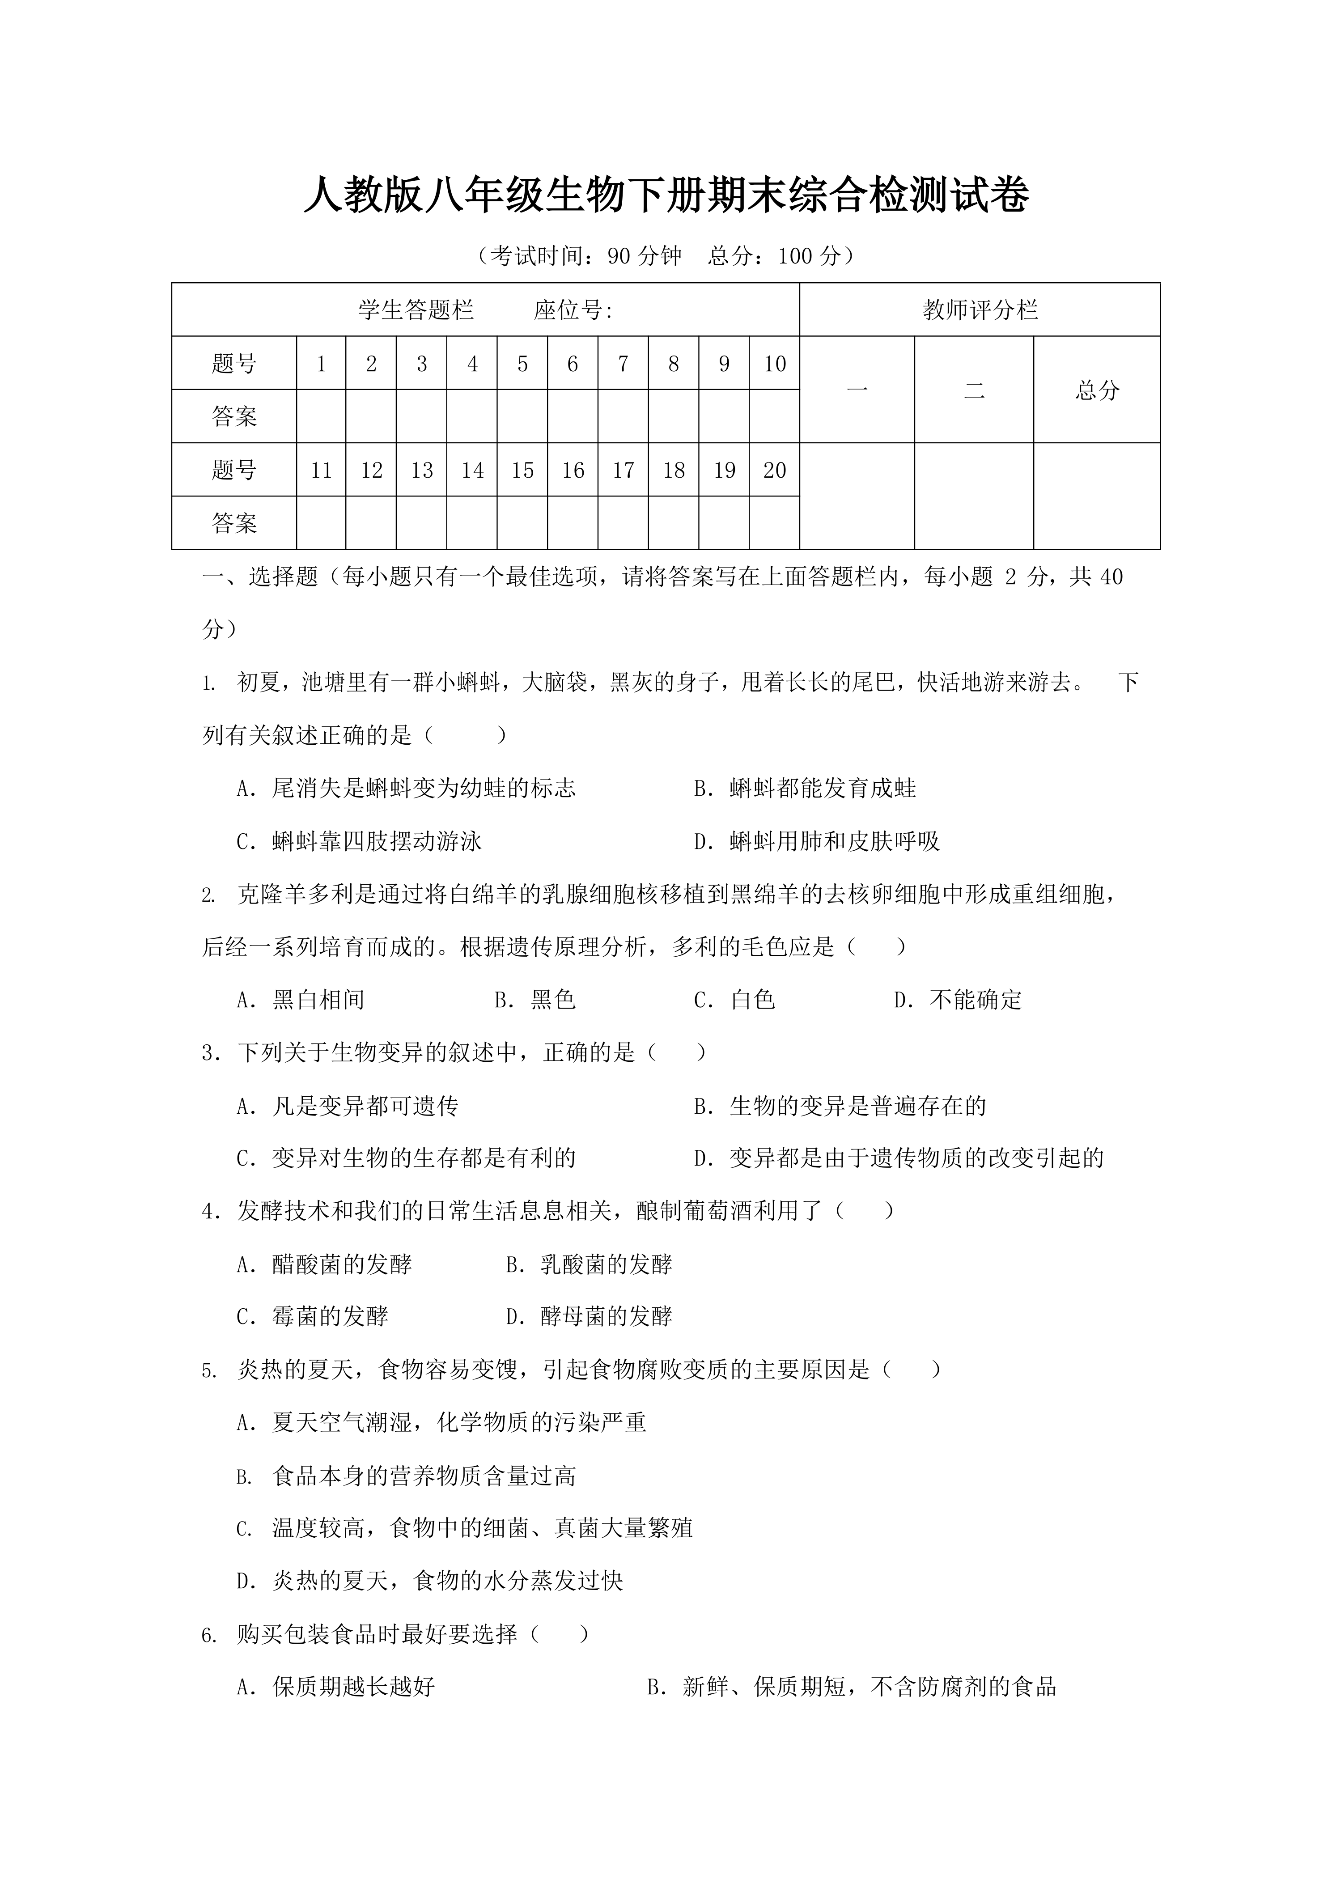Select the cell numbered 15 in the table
point(522,471)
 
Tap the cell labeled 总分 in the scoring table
point(1097,390)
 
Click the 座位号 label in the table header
point(573,310)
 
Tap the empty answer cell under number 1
point(321,416)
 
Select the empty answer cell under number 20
point(774,523)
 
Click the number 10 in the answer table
point(774,364)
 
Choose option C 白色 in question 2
point(735,1000)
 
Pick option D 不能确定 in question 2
point(958,1000)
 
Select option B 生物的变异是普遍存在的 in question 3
point(840,1107)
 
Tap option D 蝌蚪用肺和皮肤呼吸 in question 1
point(817,841)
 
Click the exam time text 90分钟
point(644,257)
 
